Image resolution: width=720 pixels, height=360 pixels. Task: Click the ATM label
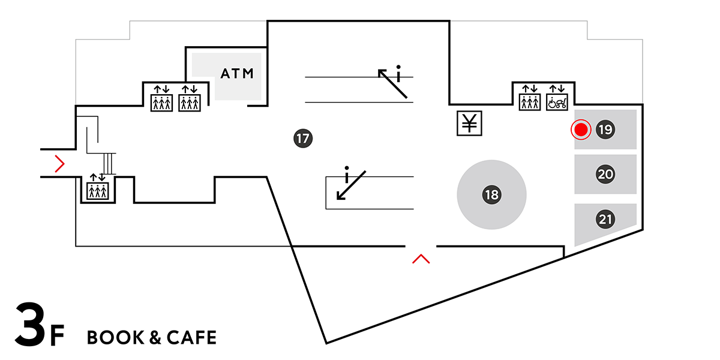pyautogui.click(x=238, y=74)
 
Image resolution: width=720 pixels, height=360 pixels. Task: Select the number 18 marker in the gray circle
pyautogui.click(x=491, y=194)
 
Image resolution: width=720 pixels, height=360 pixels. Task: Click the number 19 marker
pyautogui.click(x=605, y=129)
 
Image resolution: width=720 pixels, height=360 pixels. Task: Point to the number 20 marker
pyautogui.click(x=605, y=175)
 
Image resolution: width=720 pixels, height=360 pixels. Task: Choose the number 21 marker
pyautogui.click(x=605, y=220)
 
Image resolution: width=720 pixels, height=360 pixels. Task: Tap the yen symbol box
pyautogui.click(x=469, y=124)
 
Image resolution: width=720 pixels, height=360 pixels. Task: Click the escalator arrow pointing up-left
pyautogui.click(x=393, y=83)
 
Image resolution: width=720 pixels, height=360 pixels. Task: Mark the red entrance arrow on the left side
pyautogui.click(x=59, y=163)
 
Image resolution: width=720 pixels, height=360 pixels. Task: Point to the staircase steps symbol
pyautogui.click(x=109, y=163)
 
